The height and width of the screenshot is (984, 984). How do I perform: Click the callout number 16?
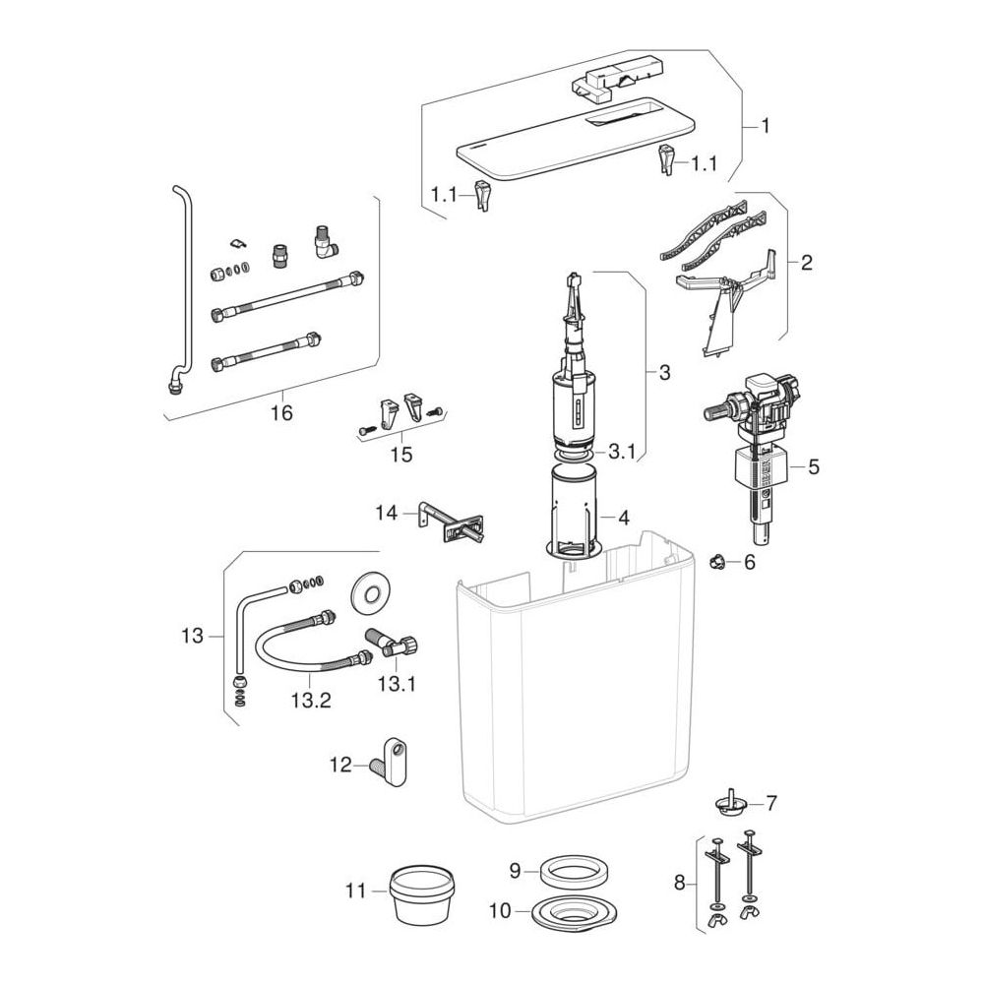(281, 413)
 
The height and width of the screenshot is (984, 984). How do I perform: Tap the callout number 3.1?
(623, 452)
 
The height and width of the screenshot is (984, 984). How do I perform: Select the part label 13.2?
(311, 700)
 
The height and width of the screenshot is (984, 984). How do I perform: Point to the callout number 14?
(387, 513)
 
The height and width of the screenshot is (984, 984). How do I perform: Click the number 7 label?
(771, 803)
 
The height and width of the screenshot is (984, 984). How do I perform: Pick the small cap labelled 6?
(716, 561)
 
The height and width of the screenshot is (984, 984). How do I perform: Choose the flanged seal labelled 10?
(574, 913)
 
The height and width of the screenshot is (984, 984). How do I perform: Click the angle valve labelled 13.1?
(394, 646)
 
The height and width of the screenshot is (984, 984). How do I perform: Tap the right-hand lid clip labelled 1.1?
(666, 159)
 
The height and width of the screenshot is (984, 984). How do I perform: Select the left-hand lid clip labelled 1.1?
(482, 195)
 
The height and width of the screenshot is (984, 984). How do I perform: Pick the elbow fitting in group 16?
(325, 242)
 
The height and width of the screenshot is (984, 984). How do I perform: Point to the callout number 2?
(807, 263)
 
